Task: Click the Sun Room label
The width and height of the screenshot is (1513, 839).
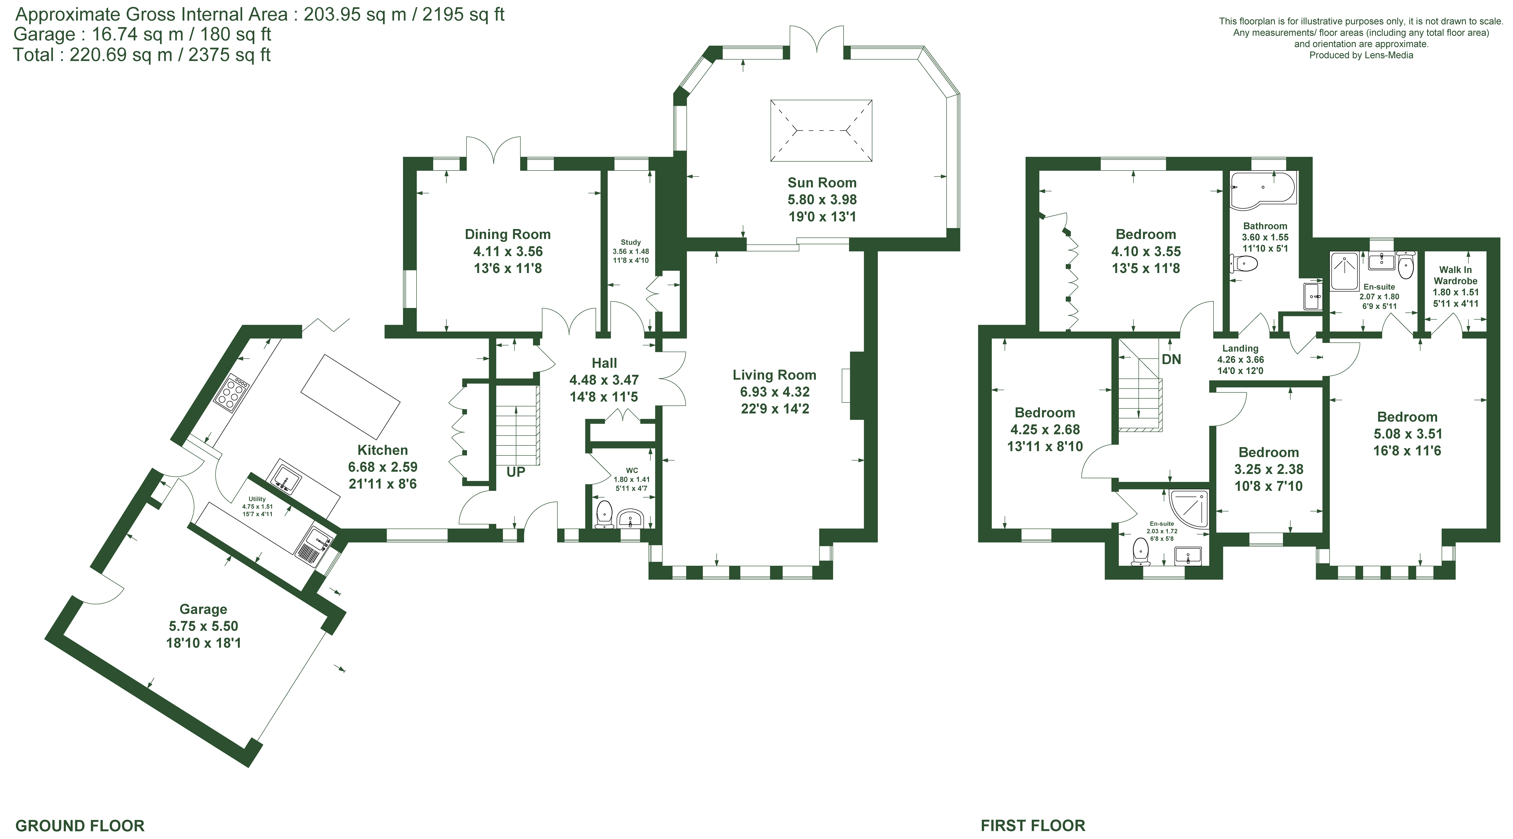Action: tap(822, 183)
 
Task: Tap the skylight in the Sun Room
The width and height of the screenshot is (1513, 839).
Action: tap(821, 130)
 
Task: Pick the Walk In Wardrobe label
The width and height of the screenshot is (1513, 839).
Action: tap(1455, 275)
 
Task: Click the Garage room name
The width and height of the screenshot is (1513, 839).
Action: tap(203, 610)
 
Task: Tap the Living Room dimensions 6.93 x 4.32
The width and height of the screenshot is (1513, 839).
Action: tap(775, 392)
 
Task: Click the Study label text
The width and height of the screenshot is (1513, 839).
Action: tap(631, 242)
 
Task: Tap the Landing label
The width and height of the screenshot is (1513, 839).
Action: tap(1240, 348)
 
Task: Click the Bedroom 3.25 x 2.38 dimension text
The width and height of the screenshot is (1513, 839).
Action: tap(1269, 469)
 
